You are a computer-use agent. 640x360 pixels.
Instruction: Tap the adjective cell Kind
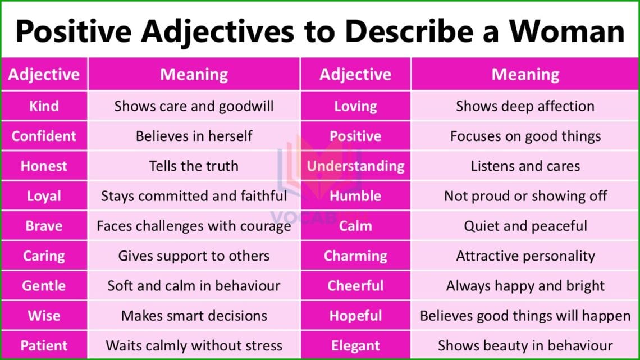[x=44, y=106]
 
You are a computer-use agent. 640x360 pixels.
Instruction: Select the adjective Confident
[x=44, y=136]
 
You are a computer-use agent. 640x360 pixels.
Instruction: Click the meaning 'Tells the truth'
[x=194, y=166]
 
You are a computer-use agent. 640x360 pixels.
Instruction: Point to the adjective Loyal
[x=44, y=196]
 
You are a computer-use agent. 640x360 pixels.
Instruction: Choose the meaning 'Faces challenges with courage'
[x=194, y=226]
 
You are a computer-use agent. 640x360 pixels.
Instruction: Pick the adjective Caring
[x=44, y=256]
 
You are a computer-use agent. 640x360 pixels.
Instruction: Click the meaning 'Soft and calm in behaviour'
[x=194, y=286]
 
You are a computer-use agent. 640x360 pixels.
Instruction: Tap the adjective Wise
[x=44, y=316]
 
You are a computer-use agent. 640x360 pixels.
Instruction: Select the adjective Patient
[x=44, y=345]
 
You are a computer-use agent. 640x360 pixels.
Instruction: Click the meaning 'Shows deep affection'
[x=525, y=106]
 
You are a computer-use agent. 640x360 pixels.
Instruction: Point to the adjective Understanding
[x=355, y=166]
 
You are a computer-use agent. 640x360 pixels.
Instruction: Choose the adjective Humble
[x=355, y=196]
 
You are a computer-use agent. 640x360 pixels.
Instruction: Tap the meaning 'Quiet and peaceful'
[x=525, y=226]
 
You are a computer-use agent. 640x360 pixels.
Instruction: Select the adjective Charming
[x=355, y=256]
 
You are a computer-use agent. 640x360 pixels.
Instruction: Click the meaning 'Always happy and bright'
[x=525, y=286]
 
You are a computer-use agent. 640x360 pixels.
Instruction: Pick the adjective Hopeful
[x=355, y=316]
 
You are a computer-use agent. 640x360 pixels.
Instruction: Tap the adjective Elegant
[x=355, y=345]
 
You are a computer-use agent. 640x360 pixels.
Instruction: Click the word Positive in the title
[x=74, y=31]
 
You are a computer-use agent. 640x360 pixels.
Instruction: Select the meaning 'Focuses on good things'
[x=525, y=136]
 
